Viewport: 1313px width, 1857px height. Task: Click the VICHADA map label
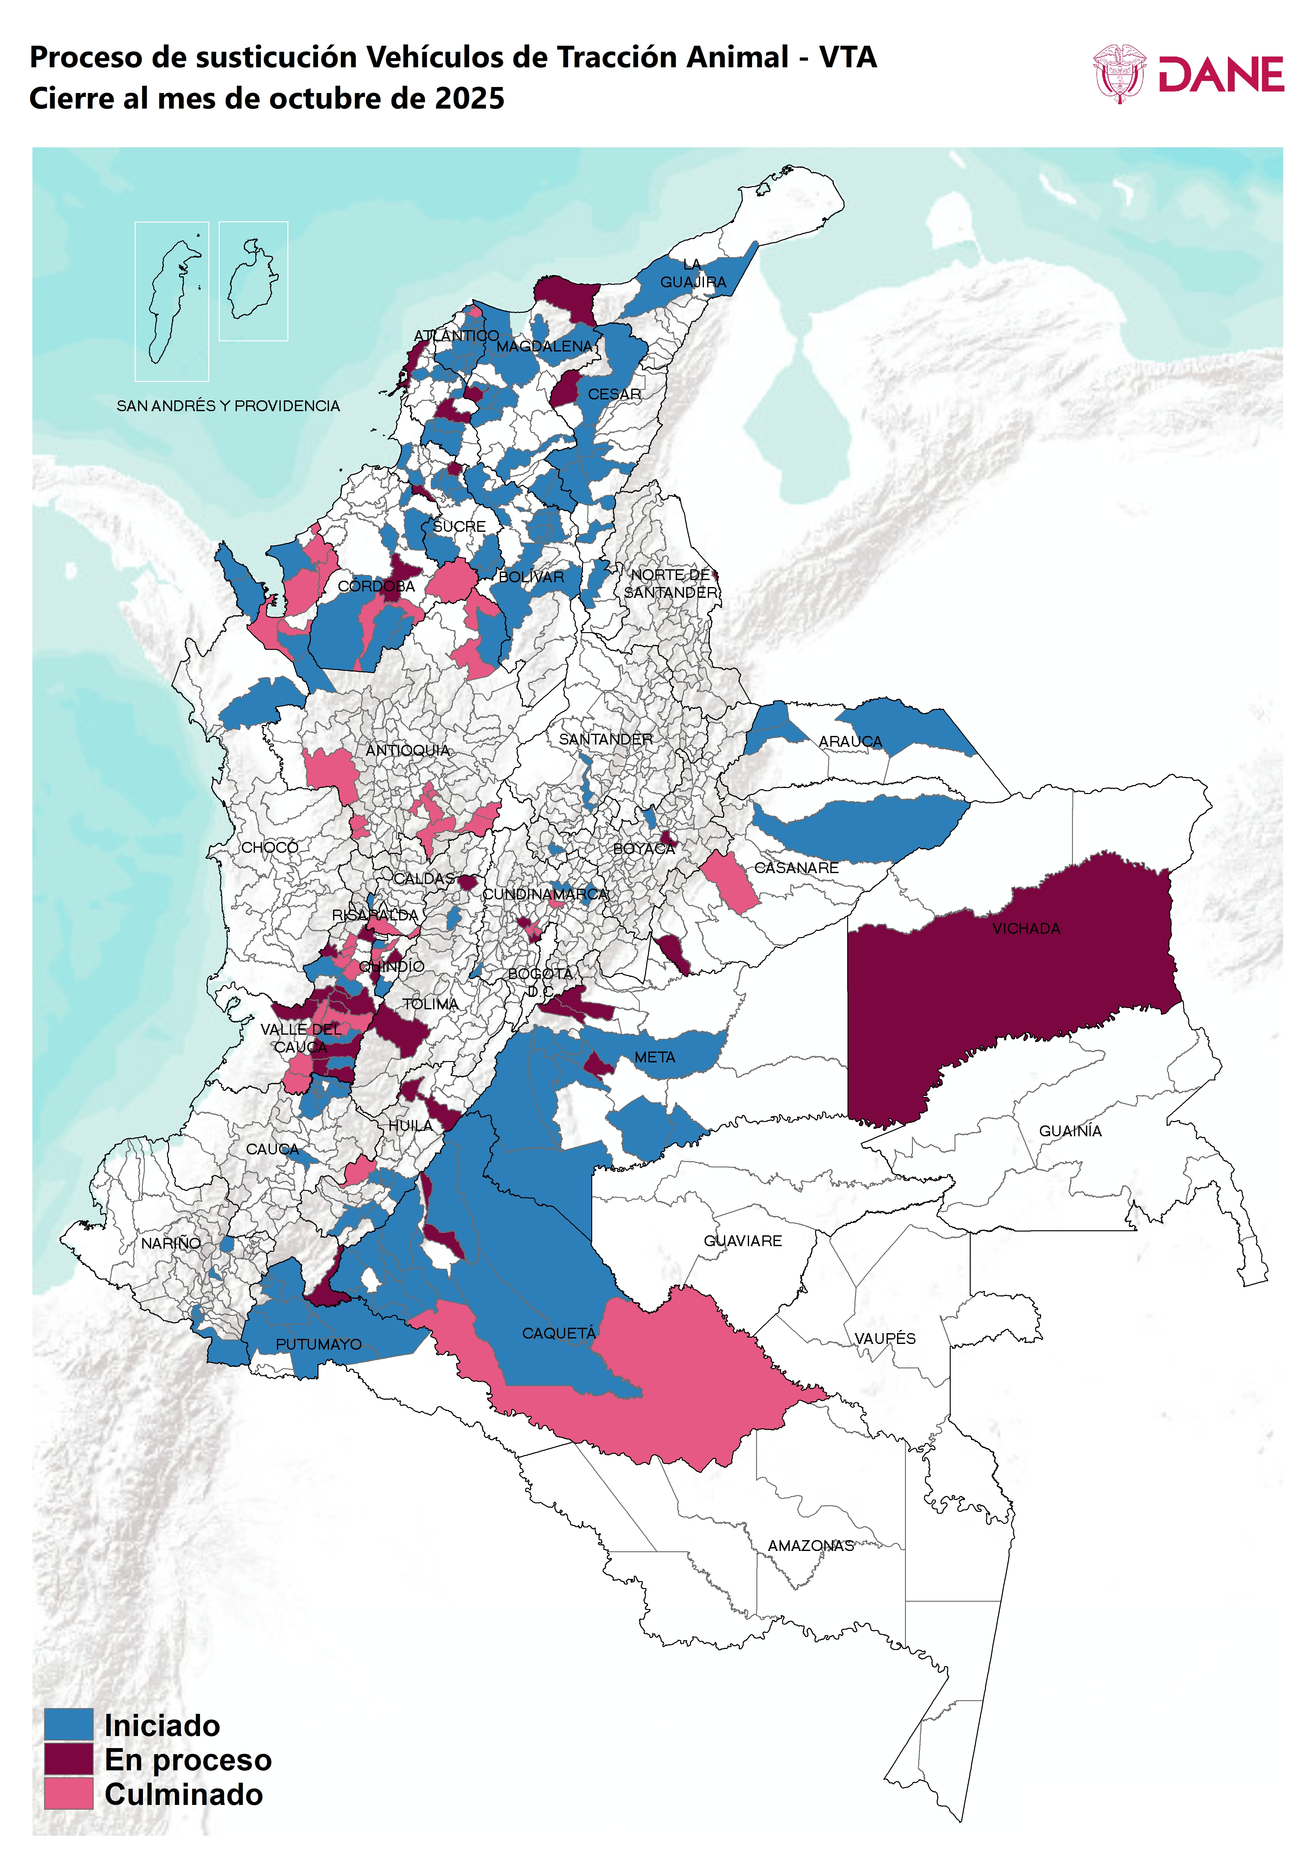1026,928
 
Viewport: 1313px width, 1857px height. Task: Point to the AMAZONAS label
811,1546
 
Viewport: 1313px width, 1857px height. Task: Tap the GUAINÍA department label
1069,1131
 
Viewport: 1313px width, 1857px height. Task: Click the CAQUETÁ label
558,1333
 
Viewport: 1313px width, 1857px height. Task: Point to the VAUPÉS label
885,1339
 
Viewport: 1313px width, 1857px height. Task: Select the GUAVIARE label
743,1241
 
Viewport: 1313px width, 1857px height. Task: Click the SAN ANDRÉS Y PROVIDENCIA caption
228,406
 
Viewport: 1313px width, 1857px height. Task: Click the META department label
654,1057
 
